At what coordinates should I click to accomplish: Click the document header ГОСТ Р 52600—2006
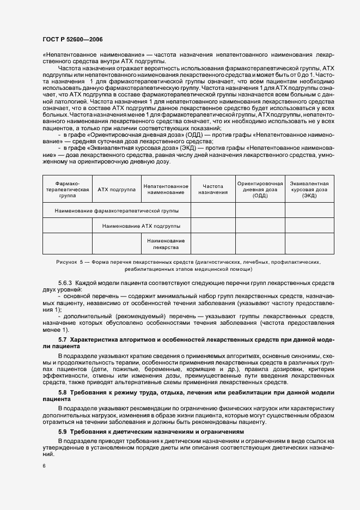(x=72, y=40)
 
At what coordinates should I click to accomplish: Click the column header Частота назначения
(x=213, y=190)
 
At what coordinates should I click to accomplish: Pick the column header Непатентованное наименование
(x=166, y=190)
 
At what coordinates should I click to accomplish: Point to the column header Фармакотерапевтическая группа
(x=67, y=190)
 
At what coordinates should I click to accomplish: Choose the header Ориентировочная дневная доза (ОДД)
(x=260, y=190)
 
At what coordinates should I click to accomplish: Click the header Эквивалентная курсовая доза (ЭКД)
(x=309, y=190)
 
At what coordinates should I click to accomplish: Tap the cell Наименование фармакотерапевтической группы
(x=117, y=210)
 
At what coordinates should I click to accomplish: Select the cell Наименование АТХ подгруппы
(x=142, y=226)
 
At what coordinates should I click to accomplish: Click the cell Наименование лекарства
(x=166, y=244)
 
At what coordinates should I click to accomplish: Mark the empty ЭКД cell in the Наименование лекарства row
(x=309, y=244)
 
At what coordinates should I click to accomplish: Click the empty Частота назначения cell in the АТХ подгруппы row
(x=213, y=226)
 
